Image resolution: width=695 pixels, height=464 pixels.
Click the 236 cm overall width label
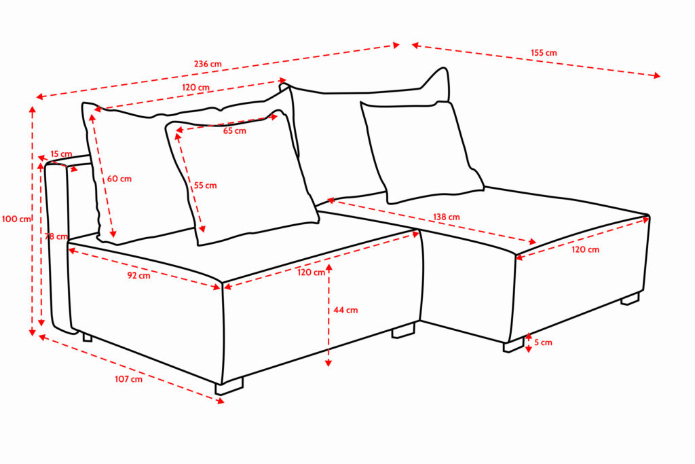[208, 64]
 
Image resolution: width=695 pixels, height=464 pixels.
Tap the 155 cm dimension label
[544, 53]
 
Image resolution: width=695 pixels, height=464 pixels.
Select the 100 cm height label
[16, 219]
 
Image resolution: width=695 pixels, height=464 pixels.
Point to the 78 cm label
[56, 236]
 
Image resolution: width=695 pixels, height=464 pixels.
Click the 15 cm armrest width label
[61, 154]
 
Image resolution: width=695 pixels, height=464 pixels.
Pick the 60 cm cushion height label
[119, 179]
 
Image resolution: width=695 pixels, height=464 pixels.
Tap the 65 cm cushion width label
[234, 131]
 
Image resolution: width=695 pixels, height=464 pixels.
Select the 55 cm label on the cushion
[205, 185]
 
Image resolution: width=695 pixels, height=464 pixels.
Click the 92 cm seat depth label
[138, 275]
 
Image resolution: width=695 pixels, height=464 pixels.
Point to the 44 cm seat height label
[345, 310]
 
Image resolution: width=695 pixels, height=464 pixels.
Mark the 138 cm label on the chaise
[447, 217]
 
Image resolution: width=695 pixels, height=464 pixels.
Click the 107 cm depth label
[128, 379]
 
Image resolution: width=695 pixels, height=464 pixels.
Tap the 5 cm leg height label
[544, 342]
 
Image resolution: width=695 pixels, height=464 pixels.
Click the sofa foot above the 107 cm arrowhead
[229, 386]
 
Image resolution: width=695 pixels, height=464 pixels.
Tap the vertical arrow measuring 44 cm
[328, 315]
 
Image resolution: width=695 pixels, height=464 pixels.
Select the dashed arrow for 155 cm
[536, 60]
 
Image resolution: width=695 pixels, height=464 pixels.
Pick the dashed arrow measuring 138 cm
[431, 221]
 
